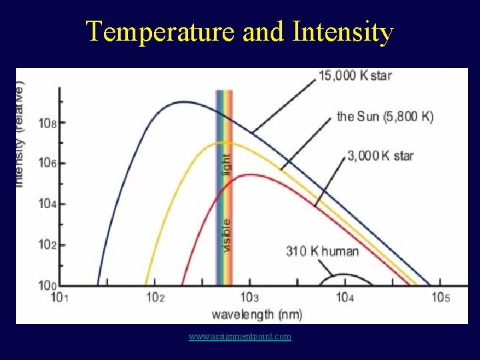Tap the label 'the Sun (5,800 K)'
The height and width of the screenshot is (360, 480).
tap(385, 117)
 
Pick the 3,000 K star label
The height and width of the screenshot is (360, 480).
tap(381, 156)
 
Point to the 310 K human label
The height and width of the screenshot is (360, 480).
tap(322, 251)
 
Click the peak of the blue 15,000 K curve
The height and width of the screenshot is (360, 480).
tap(181, 102)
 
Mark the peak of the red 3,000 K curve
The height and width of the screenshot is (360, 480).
tap(251, 175)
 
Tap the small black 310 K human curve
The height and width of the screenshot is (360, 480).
tap(343, 275)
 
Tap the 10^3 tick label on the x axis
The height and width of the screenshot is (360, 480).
tap(249, 297)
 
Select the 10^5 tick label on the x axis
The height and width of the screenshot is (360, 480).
tap(439, 297)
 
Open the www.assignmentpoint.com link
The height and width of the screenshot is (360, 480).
tap(240, 337)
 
